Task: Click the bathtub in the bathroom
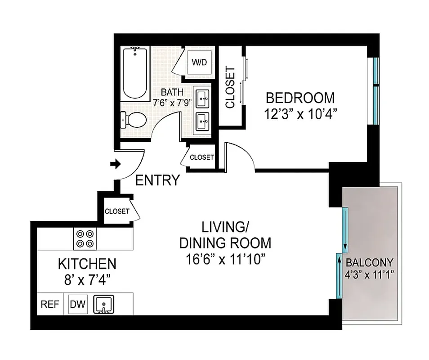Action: (x=135, y=74)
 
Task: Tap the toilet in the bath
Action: (x=134, y=120)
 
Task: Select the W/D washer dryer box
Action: (x=200, y=62)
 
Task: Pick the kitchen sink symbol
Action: (x=104, y=305)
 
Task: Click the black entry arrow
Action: (x=116, y=164)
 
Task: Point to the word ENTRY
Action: (x=157, y=180)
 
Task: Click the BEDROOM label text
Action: (x=300, y=98)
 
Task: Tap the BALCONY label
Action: (x=369, y=262)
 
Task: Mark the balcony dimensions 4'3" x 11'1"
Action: (x=369, y=275)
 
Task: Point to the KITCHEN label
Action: (x=87, y=263)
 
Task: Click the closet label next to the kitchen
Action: (x=117, y=211)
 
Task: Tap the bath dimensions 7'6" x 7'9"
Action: (x=172, y=103)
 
